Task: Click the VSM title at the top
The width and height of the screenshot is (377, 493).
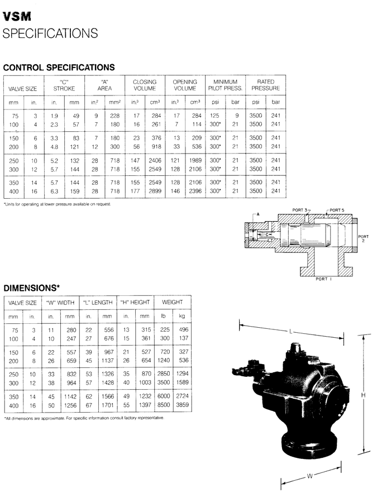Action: [x=17, y=16]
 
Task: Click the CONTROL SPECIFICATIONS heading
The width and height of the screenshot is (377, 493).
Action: [x=59, y=68]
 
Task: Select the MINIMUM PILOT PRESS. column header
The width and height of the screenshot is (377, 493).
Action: [x=225, y=85]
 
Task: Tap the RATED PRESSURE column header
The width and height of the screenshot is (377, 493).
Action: [x=266, y=85]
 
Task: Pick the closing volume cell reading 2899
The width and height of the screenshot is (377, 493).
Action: [x=155, y=191]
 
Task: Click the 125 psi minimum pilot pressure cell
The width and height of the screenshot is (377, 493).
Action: [x=214, y=116]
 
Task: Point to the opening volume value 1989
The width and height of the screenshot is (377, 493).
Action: [x=195, y=160]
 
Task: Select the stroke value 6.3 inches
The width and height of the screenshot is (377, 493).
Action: [x=54, y=191]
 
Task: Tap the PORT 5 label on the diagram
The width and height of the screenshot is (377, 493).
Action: [x=337, y=210]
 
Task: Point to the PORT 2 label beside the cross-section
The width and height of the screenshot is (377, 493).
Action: [x=363, y=238]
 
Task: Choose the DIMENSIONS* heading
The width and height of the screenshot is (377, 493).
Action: [x=31, y=288]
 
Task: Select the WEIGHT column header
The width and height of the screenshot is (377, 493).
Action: [x=173, y=302]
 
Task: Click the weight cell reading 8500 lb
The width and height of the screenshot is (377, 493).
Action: [x=164, y=405]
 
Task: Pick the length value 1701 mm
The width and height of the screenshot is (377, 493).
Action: [x=108, y=405]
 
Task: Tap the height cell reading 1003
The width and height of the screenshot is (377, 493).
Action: [x=145, y=382]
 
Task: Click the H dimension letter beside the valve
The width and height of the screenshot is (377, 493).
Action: [x=363, y=395]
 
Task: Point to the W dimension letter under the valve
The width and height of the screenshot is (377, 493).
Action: [x=310, y=476]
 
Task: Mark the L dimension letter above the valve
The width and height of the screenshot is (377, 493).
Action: [x=290, y=331]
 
